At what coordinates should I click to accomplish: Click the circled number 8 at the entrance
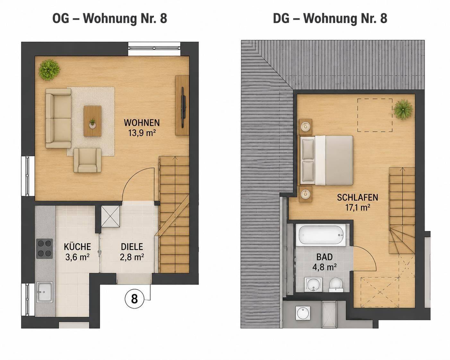click(134, 299)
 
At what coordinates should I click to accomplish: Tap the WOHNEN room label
click(142, 123)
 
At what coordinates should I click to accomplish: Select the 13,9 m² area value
click(142, 133)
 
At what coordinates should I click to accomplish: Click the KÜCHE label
click(77, 247)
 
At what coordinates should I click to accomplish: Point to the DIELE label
click(132, 247)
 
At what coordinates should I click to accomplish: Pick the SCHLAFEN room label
click(358, 198)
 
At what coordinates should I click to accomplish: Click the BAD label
click(324, 257)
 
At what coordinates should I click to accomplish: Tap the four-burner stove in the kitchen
click(45, 249)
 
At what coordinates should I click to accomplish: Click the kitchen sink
click(45, 292)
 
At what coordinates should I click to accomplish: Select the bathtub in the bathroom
click(321, 235)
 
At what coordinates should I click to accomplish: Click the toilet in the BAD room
click(336, 285)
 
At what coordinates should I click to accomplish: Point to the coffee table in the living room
click(92, 121)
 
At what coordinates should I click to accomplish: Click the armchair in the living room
click(87, 160)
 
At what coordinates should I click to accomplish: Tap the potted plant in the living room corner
click(49, 70)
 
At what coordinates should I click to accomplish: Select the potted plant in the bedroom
click(403, 110)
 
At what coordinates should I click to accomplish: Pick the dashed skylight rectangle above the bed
click(375, 115)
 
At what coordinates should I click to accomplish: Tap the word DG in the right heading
click(281, 18)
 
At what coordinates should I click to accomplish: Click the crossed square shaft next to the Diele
click(110, 216)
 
